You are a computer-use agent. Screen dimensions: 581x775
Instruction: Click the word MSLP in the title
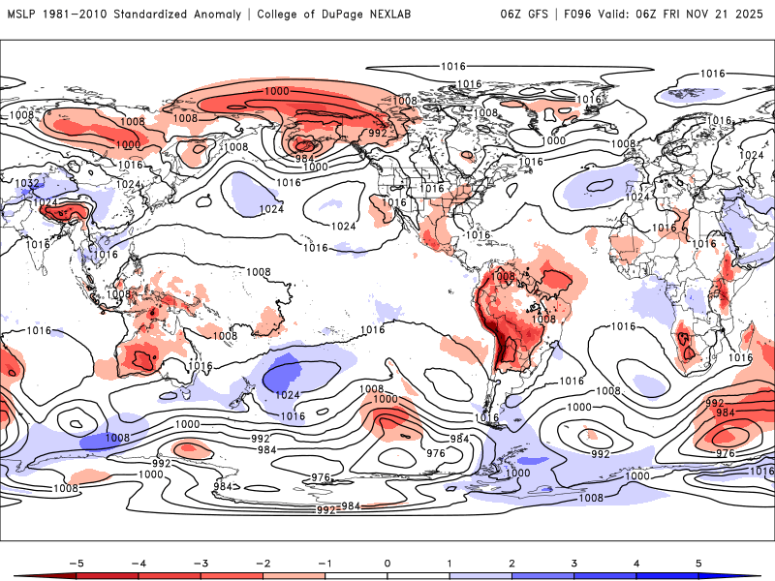22,14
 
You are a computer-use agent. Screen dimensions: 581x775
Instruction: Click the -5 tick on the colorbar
75,563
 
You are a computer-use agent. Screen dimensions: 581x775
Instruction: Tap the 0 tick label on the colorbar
387,563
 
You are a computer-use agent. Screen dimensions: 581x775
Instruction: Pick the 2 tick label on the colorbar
512,563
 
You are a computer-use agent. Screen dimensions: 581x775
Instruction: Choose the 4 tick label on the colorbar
637,563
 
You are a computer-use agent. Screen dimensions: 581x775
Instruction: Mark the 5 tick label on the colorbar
699,563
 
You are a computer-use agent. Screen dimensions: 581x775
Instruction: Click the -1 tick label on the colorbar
325,563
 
